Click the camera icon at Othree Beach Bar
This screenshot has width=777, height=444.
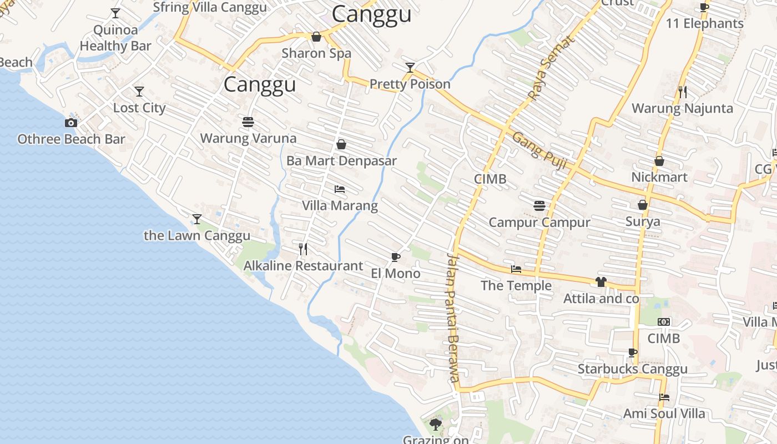pyautogui.click(x=71, y=123)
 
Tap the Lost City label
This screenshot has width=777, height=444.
pyautogui.click(x=139, y=108)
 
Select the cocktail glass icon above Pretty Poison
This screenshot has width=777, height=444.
pyautogui.click(x=410, y=68)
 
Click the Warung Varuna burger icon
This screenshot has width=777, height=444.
pyautogui.click(x=248, y=122)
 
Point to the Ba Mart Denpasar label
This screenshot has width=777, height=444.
pyautogui.click(x=341, y=161)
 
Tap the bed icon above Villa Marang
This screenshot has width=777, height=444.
pyautogui.click(x=340, y=189)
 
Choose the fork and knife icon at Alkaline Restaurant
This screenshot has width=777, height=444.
pyautogui.click(x=303, y=249)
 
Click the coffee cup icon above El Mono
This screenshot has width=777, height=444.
pyautogui.click(x=395, y=256)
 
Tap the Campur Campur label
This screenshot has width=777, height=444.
pyautogui.click(x=539, y=223)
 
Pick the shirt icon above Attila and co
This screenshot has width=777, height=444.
pyautogui.click(x=601, y=282)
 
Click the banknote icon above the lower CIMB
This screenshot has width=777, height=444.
pyautogui.click(x=664, y=322)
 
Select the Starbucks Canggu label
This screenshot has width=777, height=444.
pyautogui.click(x=632, y=369)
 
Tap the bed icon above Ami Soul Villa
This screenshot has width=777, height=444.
pyautogui.click(x=664, y=397)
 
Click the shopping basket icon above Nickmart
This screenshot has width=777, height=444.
pyautogui.click(x=659, y=161)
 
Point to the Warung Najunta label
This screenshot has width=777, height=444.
pyautogui.click(x=682, y=108)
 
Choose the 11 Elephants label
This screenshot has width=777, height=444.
pyautogui.click(x=704, y=23)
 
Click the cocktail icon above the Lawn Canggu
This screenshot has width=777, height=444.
pyautogui.click(x=197, y=219)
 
